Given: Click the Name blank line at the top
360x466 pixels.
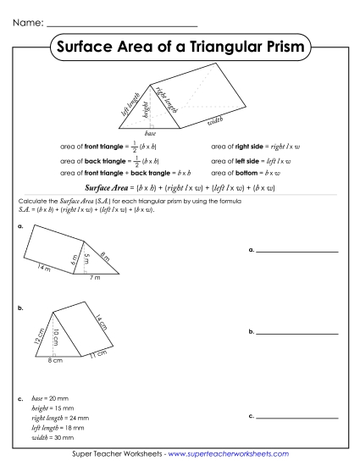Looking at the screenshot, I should (x=119, y=25).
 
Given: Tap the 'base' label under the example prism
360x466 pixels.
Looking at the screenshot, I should (x=150, y=134).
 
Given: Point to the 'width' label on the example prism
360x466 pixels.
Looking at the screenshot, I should (x=214, y=123).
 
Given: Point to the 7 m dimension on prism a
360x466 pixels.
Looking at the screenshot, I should (x=96, y=277).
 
